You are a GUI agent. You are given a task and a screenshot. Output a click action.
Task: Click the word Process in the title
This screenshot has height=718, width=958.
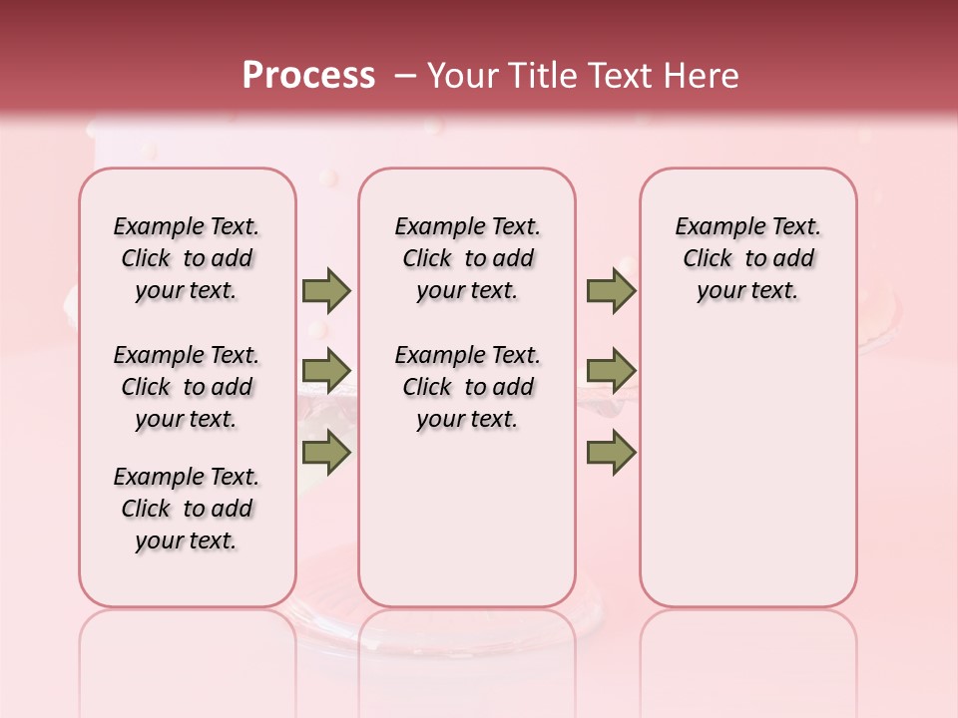point(307,76)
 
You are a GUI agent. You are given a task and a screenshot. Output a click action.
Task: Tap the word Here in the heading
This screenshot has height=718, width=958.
point(699,76)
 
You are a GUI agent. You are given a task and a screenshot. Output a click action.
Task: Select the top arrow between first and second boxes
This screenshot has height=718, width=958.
point(325,291)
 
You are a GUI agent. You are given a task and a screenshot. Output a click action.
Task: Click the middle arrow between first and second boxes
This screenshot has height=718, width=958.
point(325,371)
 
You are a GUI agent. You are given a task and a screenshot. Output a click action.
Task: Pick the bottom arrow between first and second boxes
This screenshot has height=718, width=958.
point(325,453)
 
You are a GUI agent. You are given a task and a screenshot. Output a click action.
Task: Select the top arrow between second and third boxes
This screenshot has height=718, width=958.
point(610,291)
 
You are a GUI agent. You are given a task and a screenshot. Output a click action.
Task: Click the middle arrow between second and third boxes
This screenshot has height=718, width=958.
point(610,371)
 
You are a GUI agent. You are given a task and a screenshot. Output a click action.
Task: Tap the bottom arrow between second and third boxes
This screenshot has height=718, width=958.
point(610,453)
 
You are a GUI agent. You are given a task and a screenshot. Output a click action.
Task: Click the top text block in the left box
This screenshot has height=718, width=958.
point(187,258)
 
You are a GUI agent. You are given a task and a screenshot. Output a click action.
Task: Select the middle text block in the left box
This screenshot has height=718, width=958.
point(187,387)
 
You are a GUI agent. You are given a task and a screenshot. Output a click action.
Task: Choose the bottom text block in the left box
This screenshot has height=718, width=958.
point(187,509)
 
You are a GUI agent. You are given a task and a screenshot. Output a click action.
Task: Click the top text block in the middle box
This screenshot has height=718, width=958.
point(467,258)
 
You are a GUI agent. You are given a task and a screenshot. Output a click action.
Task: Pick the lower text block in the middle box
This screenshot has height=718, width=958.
point(467,387)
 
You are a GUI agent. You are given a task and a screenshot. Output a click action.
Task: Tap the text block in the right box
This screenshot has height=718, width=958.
point(747,258)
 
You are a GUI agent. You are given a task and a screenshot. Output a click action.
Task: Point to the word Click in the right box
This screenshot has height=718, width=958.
point(708,259)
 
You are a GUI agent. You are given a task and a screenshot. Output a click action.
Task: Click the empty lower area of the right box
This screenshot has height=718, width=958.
point(747,479)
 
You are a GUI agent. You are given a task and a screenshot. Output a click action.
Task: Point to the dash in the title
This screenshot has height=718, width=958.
point(405,76)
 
